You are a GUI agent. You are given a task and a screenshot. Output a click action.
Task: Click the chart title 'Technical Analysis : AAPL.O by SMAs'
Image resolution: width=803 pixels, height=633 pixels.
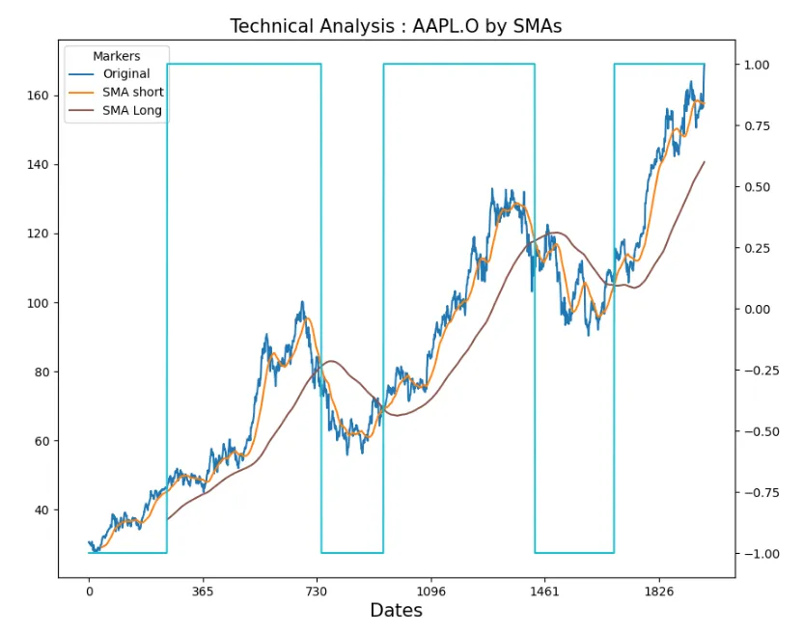(396, 26)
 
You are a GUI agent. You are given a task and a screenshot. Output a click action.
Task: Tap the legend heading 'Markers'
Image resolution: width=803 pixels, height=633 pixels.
(116, 56)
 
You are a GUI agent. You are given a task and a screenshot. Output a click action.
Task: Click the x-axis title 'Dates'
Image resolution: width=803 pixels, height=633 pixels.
(396, 611)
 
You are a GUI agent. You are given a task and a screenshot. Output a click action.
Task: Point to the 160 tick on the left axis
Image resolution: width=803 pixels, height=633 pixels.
(38, 96)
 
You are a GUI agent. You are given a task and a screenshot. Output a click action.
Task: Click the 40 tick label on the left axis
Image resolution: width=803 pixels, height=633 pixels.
(42, 510)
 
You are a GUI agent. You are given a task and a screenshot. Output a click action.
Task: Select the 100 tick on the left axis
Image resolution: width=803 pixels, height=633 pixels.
(38, 303)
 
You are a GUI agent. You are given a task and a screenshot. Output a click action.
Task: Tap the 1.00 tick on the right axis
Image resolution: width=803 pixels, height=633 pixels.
(757, 65)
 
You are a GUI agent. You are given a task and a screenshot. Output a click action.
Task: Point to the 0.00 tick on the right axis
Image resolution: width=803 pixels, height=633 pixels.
(757, 310)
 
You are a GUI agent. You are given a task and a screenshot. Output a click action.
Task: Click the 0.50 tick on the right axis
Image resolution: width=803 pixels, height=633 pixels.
(757, 187)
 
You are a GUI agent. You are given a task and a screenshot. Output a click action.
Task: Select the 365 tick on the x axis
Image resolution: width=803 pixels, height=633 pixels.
(203, 592)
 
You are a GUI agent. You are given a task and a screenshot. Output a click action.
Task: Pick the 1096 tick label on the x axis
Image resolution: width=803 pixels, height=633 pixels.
(430, 592)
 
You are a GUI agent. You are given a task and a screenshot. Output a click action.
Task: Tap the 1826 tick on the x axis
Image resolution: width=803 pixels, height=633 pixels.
(658, 592)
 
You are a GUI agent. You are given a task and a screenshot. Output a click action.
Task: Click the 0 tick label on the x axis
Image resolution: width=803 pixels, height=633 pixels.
(90, 592)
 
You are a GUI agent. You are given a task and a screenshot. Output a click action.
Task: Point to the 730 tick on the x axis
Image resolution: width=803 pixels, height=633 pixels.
(317, 592)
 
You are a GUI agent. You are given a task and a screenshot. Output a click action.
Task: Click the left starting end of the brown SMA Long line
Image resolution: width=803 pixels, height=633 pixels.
(168, 520)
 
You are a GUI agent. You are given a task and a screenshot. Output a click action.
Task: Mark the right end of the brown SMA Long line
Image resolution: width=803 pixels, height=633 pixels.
(705, 162)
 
